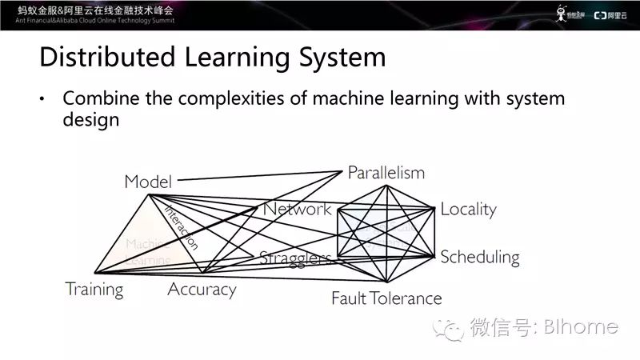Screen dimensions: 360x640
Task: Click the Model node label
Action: point(148,182)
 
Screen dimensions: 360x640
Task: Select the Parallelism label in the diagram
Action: point(386,173)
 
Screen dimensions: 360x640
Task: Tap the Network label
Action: point(297,210)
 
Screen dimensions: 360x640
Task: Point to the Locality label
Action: point(468,210)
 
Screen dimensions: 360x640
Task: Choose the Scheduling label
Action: point(479,257)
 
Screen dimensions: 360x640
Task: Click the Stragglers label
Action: point(295,258)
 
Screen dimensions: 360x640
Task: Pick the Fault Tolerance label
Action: point(386,298)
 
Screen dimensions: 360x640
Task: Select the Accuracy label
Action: point(202,290)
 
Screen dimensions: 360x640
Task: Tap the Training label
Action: point(94,290)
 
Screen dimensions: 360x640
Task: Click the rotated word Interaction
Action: point(182,227)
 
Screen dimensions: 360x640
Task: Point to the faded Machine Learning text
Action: point(148,251)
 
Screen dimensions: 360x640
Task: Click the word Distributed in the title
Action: point(98,58)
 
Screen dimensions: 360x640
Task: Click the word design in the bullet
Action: point(91,119)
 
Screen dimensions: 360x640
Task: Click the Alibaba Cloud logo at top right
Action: point(611,13)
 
